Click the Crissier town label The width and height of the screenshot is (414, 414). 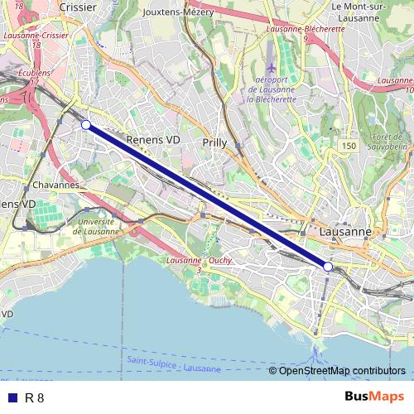point(78,7)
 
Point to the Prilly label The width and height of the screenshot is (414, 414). point(214,143)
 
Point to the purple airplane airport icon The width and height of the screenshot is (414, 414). point(274,65)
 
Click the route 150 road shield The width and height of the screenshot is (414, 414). point(349,146)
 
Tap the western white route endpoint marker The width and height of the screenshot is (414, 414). point(86,124)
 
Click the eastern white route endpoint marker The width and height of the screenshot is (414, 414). point(328,267)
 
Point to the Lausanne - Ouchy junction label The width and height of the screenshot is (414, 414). point(199,262)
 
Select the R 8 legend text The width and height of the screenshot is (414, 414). point(35,397)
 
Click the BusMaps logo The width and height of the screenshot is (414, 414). point(373,397)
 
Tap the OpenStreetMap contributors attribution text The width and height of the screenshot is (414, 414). point(342,370)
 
